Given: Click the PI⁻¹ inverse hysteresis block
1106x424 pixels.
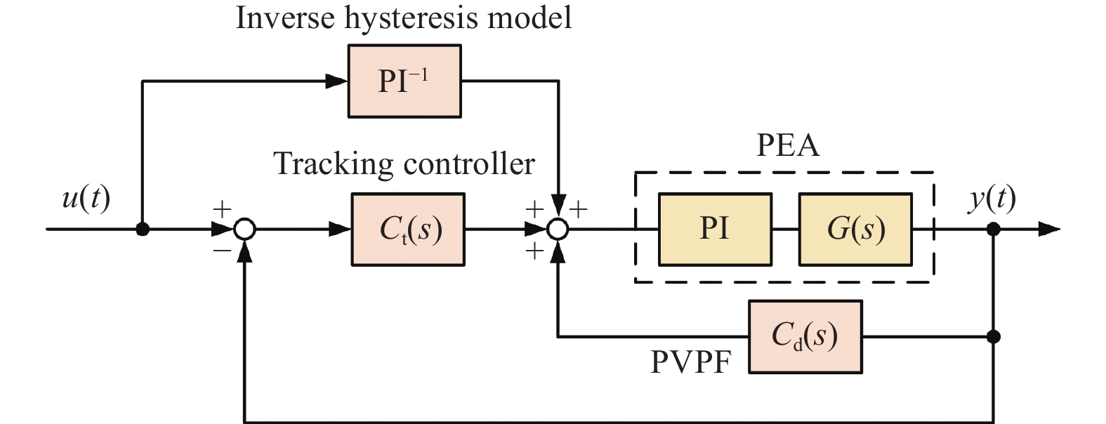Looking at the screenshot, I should (x=404, y=81).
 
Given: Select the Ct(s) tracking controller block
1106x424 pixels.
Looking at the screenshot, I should (x=408, y=230).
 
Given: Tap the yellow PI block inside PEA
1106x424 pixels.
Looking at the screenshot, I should (x=715, y=230).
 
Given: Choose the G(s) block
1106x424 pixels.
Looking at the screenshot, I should (x=855, y=230).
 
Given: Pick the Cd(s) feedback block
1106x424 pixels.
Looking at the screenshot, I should (x=805, y=337).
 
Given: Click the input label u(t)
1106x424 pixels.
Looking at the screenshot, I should (x=86, y=199).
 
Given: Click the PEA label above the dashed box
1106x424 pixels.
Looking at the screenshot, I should (x=787, y=145).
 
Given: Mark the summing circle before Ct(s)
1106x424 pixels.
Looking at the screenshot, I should (x=244, y=230).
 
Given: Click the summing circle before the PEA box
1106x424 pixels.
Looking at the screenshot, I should (x=558, y=230).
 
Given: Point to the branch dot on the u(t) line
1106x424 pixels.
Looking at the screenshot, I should (x=143, y=230).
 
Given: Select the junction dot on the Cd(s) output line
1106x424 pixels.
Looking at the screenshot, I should (x=993, y=337).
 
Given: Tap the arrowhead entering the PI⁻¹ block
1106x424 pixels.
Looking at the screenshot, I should (x=338, y=81).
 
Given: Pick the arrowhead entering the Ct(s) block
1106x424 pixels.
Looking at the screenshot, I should (x=341, y=230).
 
